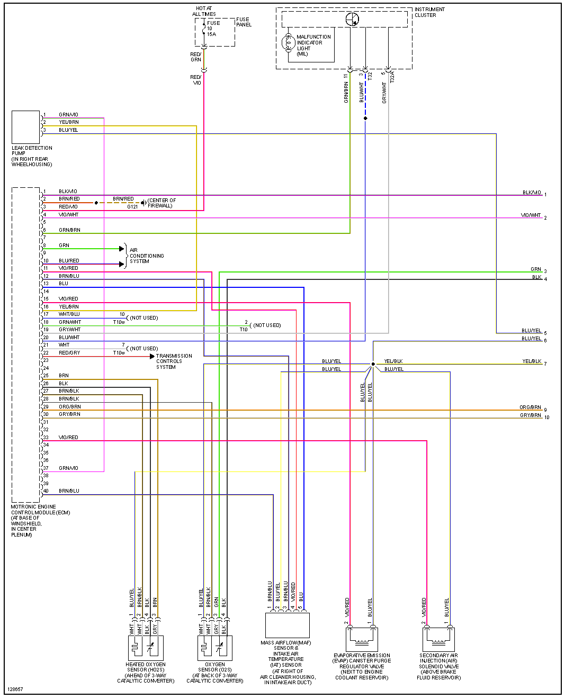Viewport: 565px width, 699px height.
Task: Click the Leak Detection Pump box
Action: [x=25, y=127]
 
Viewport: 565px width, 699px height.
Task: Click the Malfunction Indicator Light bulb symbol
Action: [x=289, y=43]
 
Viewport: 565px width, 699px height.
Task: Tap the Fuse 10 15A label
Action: [x=212, y=29]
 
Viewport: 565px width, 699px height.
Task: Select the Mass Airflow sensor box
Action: [x=287, y=625]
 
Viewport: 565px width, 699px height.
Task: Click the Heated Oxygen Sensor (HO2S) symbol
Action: [x=146, y=648]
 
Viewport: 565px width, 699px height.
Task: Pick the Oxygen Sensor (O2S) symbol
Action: [x=215, y=648]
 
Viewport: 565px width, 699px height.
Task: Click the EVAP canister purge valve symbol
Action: [x=362, y=639]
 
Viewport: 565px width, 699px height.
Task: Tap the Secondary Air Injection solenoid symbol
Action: [x=438, y=639]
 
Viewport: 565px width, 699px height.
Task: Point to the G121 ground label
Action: [x=132, y=207]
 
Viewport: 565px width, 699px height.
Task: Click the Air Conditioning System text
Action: [x=147, y=256]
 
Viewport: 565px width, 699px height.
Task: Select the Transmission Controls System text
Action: [x=174, y=361]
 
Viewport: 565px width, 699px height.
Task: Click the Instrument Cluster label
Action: [x=429, y=12]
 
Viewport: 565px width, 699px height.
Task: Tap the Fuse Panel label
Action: [x=244, y=22]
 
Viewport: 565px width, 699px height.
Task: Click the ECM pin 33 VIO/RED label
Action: [x=68, y=438]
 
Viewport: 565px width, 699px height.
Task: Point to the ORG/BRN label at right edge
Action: [x=530, y=407]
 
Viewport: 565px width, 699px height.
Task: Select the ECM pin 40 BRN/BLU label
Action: [x=69, y=491]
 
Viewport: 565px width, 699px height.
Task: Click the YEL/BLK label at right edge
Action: [x=532, y=361]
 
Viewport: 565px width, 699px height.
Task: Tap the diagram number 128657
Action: [x=15, y=689]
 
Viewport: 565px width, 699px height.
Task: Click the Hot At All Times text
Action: [x=204, y=11]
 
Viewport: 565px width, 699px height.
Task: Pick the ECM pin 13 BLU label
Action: [x=64, y=284]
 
